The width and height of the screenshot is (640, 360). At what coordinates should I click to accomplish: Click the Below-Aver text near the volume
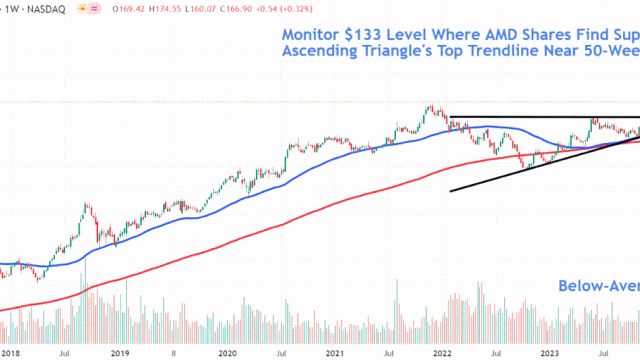[x=598, y=287]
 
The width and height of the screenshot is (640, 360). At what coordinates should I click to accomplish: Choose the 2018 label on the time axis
[x=11, y=353]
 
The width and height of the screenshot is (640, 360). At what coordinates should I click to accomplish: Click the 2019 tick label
[x=118, y=353]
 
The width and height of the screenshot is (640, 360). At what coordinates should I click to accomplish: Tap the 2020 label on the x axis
[x=227, y=353]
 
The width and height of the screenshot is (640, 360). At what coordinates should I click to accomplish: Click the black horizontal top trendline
[x=540, y=118]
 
